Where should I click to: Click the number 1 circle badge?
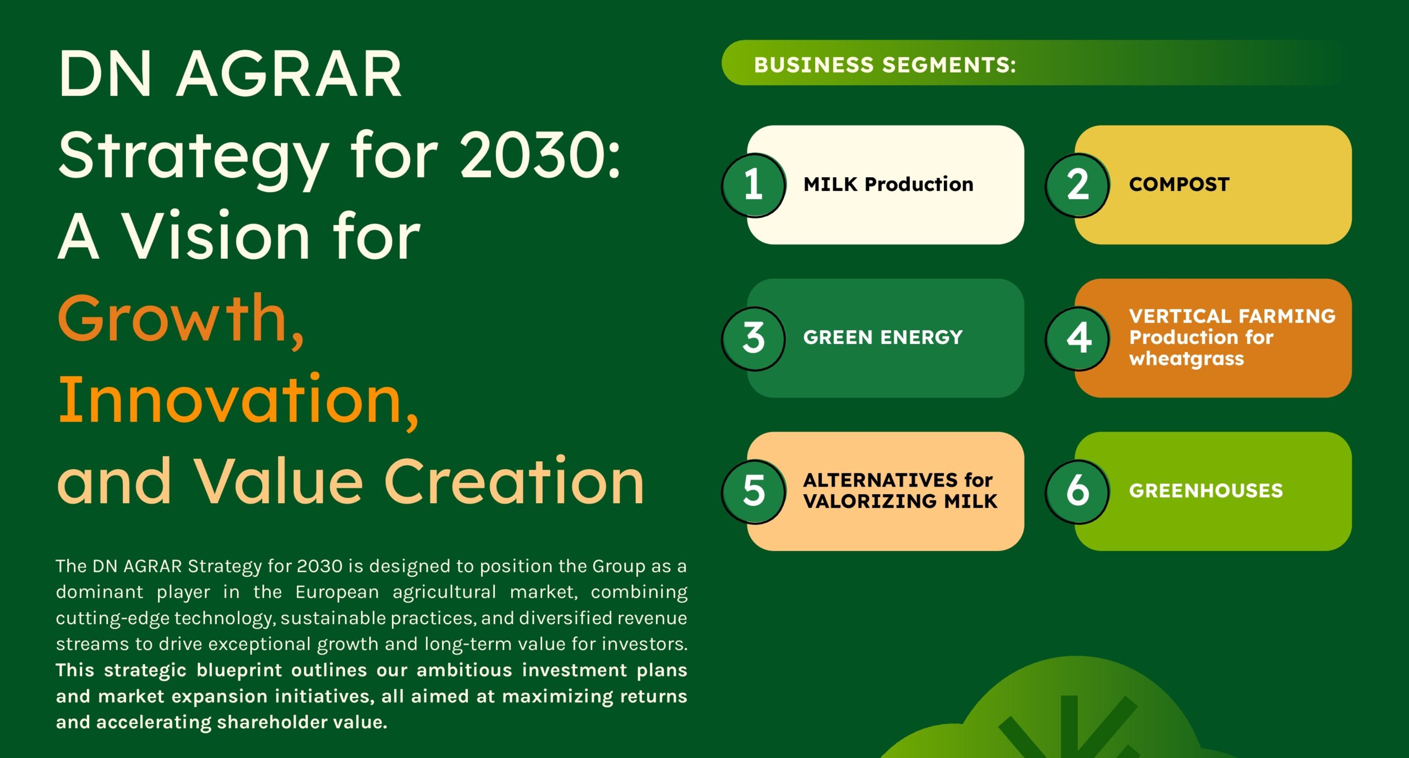[x=753, y=185]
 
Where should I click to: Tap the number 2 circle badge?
[x=1078, y=185]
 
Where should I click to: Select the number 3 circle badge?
[x=753, y=338]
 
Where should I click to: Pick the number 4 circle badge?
[x=1078, y=338]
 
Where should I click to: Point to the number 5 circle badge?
[x=753, y=491]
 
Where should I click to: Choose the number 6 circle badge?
[x=1078, y=491]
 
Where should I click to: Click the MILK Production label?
[x=888, y=184]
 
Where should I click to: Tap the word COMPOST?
[x=1179, y=184]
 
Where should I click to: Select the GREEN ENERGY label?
[x=883, y=337]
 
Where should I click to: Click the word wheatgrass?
[x=1186, y=359]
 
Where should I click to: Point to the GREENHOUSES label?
[x=1206, y=490]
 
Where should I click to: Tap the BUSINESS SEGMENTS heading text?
[x=885, y=65]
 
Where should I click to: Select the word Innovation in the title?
[x=238, y=400]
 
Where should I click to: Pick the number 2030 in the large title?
[x=540, y=155]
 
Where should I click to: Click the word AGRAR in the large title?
[x=288, y=74]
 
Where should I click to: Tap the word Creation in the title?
[x=514, y=481]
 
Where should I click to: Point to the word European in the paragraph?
[x=337, y=592]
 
